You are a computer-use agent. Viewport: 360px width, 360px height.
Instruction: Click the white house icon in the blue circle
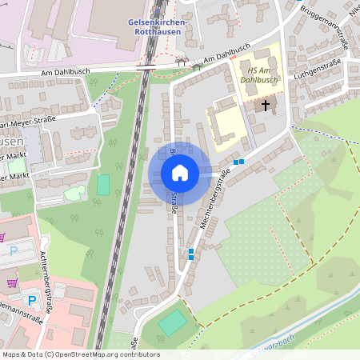[179, 173]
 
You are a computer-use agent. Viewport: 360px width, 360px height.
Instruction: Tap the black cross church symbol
[266, 105]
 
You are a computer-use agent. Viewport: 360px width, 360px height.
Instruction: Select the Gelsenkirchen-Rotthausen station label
[157, 27]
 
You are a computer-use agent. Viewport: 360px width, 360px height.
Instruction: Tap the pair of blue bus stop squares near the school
[238, 162]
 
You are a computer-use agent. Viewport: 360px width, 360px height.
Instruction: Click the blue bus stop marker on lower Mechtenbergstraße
[190, 254]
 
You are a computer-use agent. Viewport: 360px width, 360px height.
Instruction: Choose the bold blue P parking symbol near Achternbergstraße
[32, 301]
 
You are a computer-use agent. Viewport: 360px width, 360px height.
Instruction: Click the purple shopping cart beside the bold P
[12, 282]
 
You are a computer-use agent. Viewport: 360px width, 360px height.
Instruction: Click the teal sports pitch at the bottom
[171, 323]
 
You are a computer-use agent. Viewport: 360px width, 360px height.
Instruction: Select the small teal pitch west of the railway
[103, 184]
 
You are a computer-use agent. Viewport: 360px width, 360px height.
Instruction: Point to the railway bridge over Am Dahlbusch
[146, 67]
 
